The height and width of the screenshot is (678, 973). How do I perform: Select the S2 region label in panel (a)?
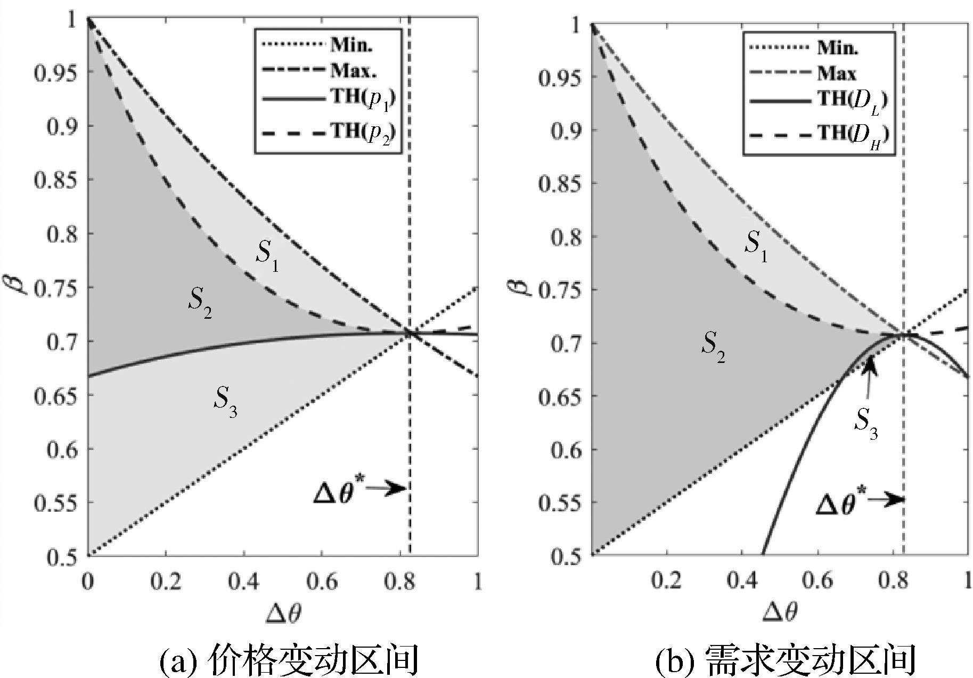(x=199, y=303)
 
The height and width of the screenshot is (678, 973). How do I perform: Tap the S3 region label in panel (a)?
(x=225, y=401)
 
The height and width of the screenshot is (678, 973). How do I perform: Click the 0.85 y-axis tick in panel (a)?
(x=55, y=180)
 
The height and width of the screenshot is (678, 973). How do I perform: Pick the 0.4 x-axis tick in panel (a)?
(x=244, y=582)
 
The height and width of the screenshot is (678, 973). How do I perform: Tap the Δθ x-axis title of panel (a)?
(x=283, y=614)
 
